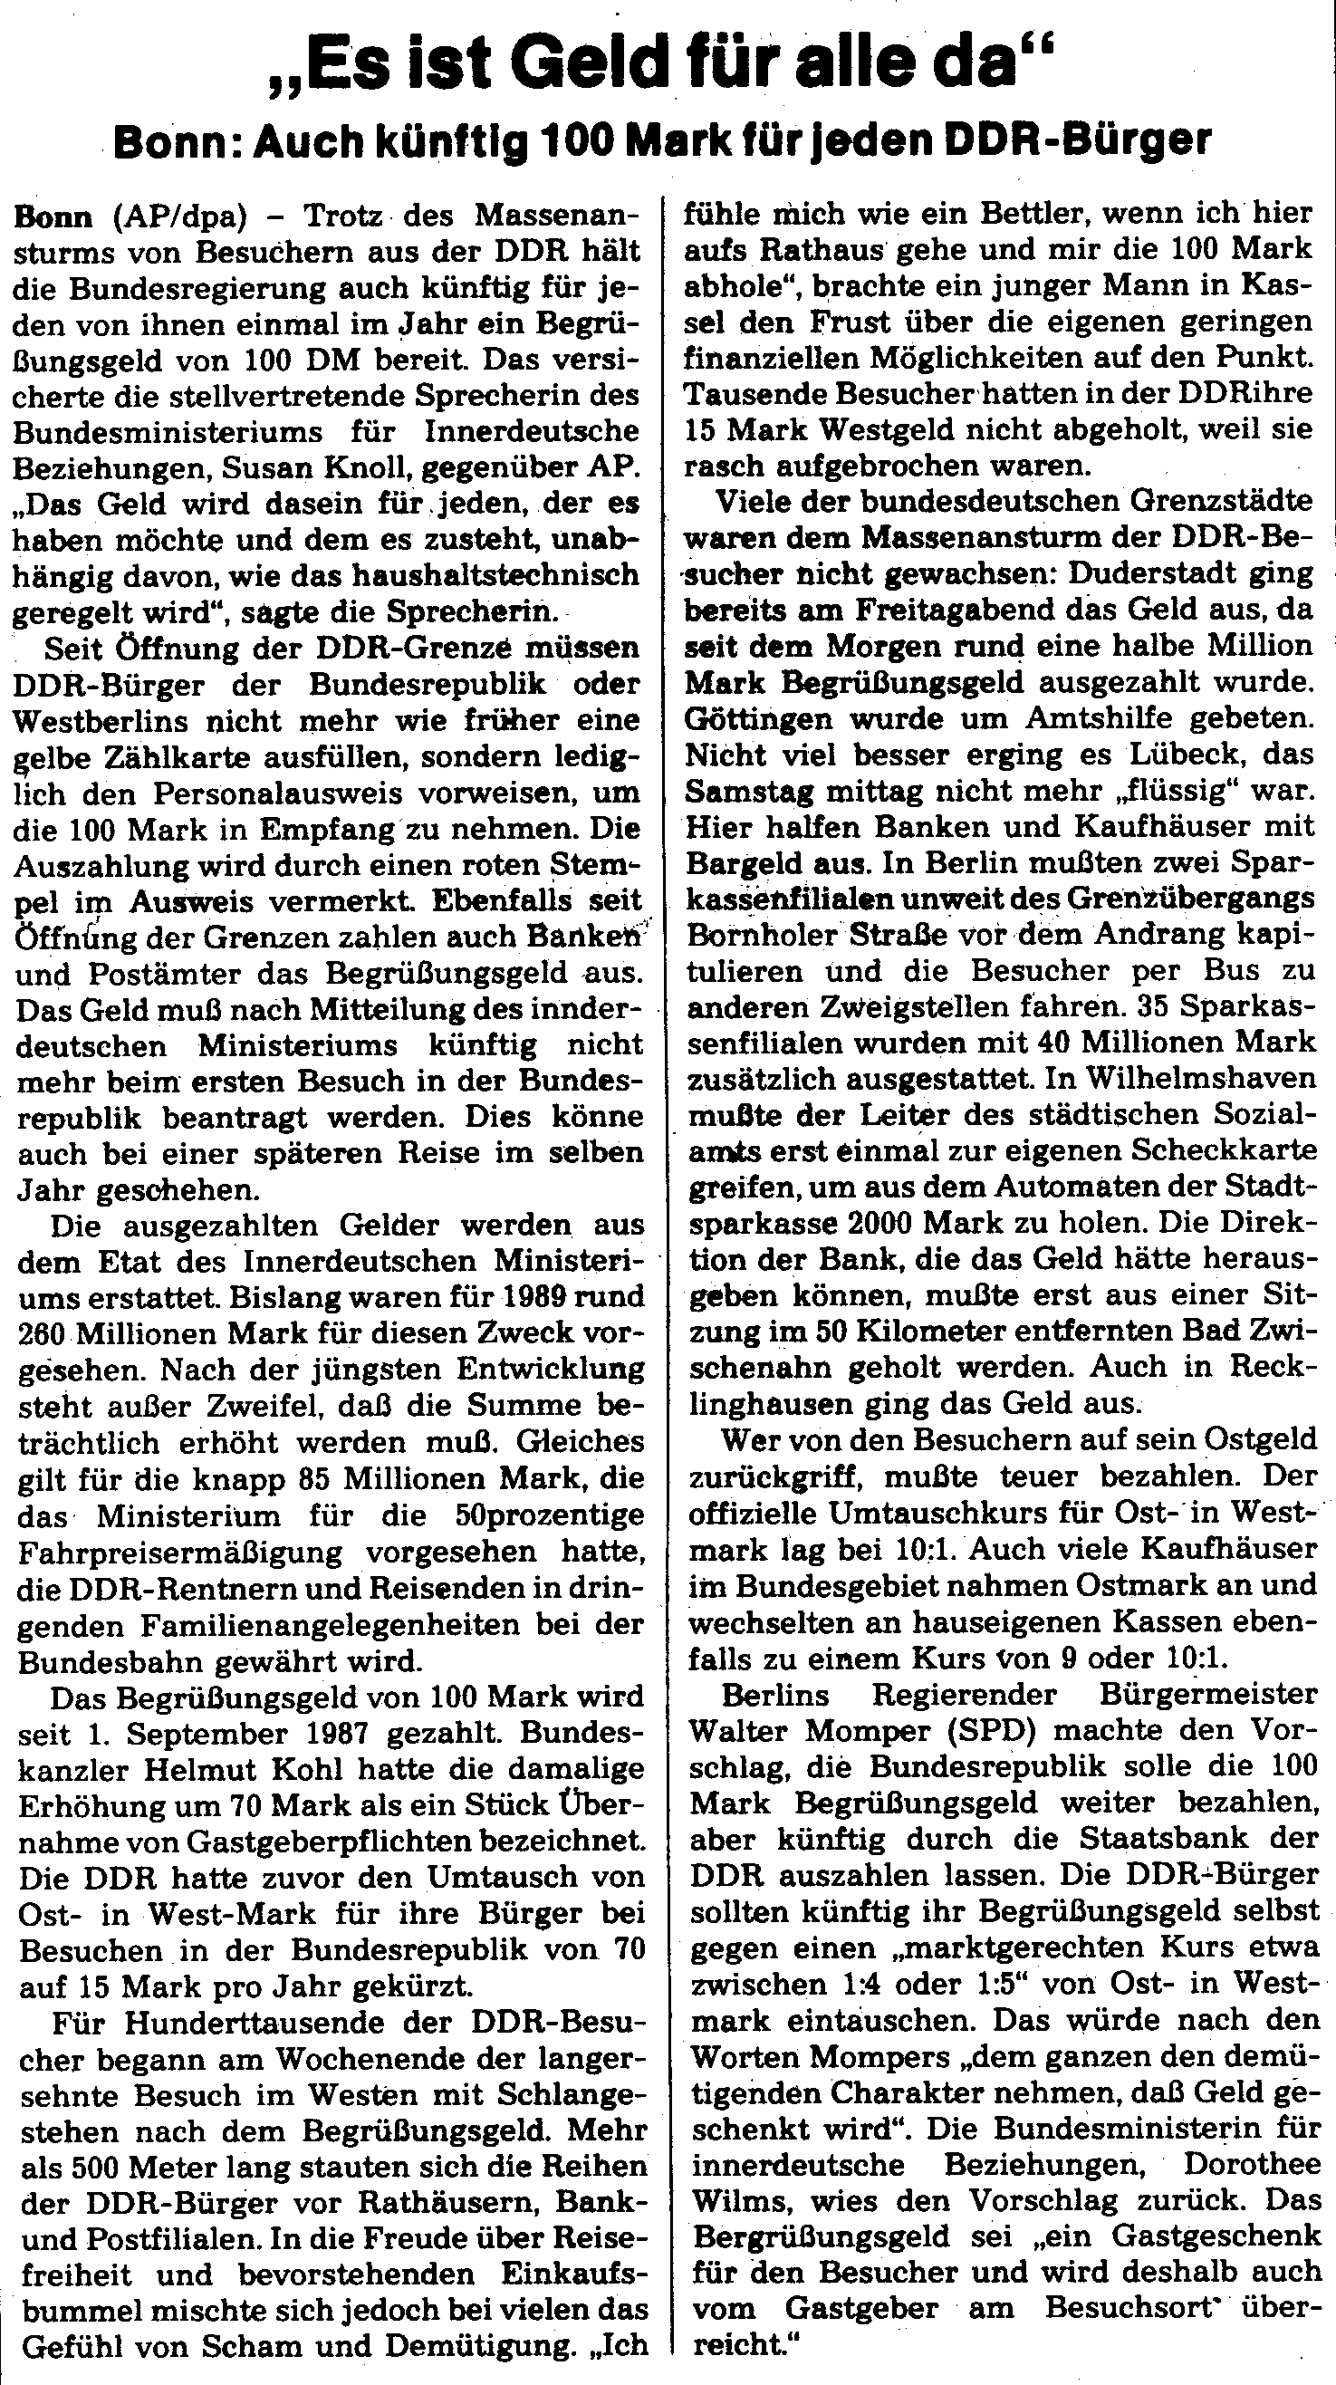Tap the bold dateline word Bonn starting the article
pyautogui.click(x=53, y=216)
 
